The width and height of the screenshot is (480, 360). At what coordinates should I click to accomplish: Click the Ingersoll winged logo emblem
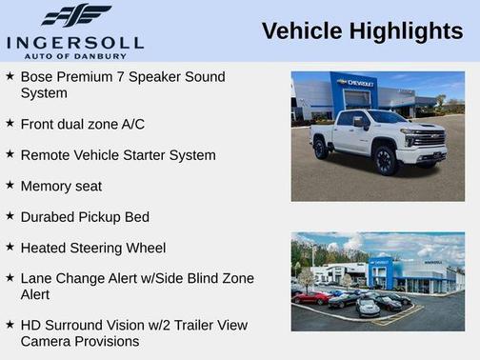tap(76, 15)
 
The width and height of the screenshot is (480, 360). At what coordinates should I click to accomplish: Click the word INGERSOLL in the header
tap(75, 41)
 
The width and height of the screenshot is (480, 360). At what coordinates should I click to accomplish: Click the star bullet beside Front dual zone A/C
tap(10, 123)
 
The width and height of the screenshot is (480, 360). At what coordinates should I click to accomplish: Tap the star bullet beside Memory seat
tap(10, 185)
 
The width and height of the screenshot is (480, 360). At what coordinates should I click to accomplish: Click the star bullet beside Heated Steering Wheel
tap(10, 247)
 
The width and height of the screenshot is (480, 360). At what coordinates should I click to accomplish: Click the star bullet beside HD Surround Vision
tap(10, 324)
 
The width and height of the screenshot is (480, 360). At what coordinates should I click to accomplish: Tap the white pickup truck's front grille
tap(430, 140)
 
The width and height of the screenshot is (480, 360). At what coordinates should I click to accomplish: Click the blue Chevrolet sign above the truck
tap(354, 84)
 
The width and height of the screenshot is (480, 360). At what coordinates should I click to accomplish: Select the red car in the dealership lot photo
tap(310, 297)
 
